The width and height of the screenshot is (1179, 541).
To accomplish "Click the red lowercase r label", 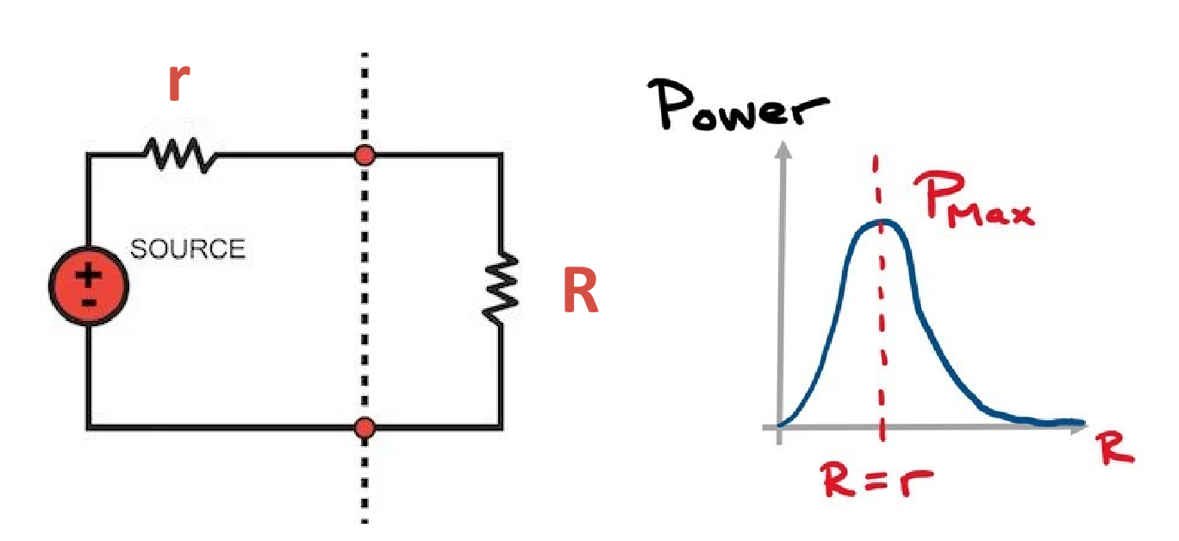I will [x=178, y=83].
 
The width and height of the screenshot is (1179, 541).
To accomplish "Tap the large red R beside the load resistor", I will [x=579, y=292].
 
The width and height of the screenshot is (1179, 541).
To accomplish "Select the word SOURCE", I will [x=187, y=249].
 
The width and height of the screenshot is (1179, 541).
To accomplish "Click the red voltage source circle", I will [x=88, y=288].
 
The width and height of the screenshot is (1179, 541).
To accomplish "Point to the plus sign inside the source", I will [x=88, y=277].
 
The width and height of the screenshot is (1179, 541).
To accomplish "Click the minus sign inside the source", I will [x=88, y=302].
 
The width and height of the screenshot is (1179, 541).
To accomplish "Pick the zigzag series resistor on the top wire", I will [x=180, y=155].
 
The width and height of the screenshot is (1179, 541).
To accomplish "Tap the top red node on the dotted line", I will [x=365, y=155].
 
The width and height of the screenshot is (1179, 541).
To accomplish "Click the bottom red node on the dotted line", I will [x=365, y=427].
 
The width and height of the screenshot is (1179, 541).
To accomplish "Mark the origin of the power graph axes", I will [x=780, y=426].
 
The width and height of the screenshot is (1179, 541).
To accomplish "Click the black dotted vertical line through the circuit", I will [x=365, y=285].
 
